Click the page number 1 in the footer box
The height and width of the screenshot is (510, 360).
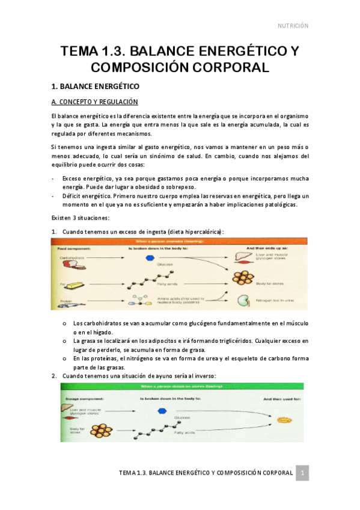[304, 473]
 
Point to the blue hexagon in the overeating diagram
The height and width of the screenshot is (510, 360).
[150, 257]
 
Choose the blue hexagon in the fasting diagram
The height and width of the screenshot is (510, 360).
[160, 411]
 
